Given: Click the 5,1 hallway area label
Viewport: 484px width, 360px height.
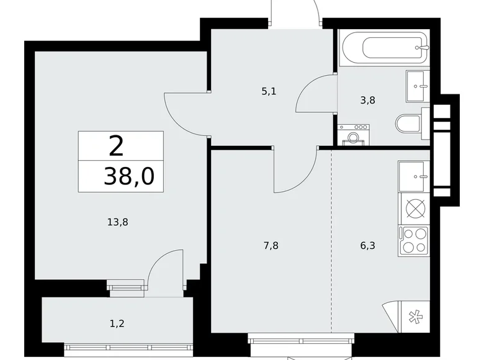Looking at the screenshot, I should pos(269,91).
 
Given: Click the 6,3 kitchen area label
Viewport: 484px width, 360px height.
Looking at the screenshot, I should pos(368,245).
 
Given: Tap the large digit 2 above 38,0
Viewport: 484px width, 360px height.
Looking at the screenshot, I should pos(116,146).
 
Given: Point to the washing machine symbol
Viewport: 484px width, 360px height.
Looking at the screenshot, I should pos(352,137).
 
